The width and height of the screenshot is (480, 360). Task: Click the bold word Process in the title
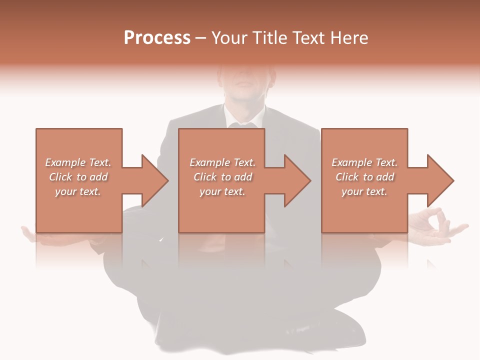point(157,38)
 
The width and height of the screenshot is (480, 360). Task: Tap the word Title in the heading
point(268,38)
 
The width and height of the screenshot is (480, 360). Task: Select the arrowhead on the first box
point(152,180)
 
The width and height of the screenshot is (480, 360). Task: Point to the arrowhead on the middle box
point(295,180)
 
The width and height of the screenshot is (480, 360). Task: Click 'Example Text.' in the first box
point(78,162)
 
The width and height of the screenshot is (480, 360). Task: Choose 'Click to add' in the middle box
point(222,177)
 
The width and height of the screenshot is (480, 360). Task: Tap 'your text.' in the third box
point(364,191)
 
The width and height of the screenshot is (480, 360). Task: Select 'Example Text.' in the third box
point(364,162)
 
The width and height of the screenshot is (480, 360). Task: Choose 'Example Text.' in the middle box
point(222,162)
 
